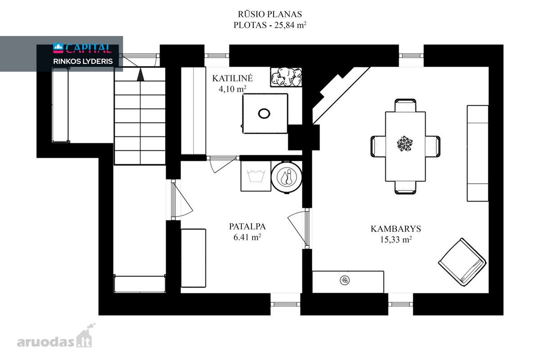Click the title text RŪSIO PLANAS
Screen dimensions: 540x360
270,14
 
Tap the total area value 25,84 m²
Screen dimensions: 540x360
290,25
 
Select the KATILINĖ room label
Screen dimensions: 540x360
232,78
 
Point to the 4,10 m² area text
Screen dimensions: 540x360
232,89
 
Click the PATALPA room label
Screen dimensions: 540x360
247,226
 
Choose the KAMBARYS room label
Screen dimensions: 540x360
396,229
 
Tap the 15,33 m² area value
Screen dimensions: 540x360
396,240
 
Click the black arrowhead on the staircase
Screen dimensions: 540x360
140,74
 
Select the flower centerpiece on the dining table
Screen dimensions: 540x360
405,144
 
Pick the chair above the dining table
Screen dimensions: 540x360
405,105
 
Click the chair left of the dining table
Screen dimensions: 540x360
378,146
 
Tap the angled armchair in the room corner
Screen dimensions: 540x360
462,262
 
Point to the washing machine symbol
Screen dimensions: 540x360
256,176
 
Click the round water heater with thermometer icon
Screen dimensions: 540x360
287,177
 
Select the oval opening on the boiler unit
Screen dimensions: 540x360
264,113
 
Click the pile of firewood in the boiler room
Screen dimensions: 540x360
286,77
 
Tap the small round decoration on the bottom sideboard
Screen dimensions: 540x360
345,280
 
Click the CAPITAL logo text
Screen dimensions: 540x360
88,48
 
